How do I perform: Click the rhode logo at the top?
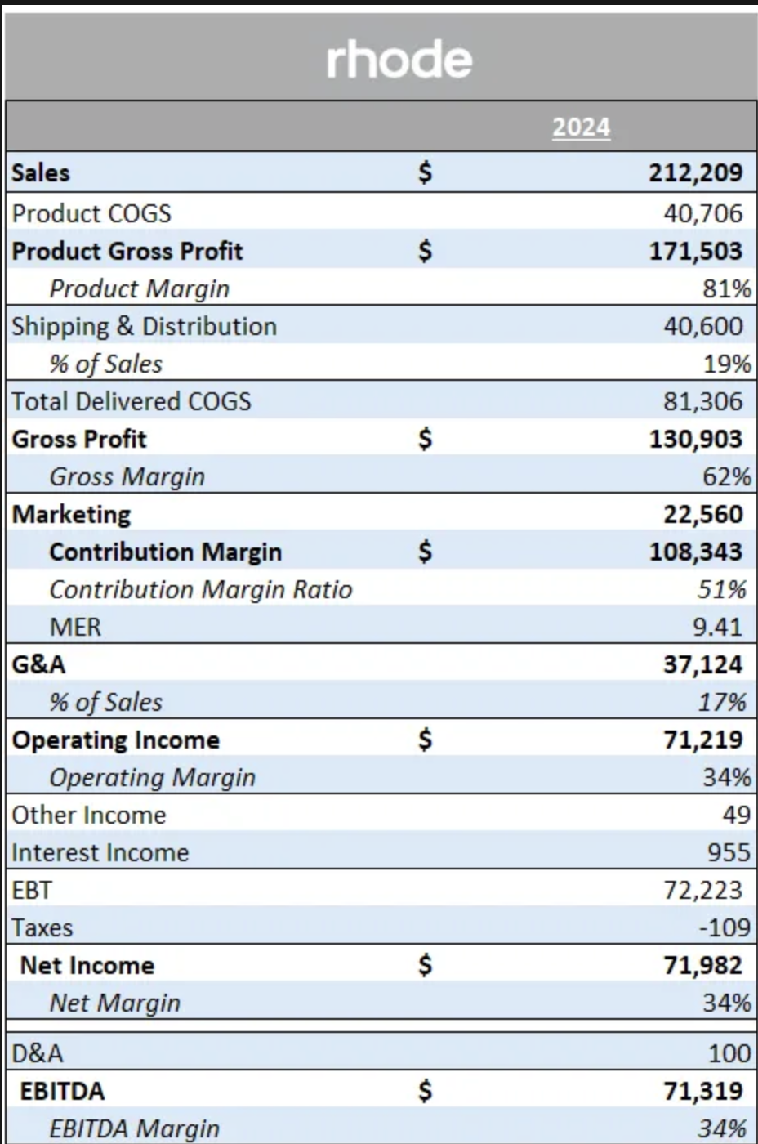pos(399,60)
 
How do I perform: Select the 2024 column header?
pos(581,127)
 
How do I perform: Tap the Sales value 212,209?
pos(696,172)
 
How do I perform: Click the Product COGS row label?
pos(91,213)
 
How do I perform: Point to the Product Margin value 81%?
pos(726,288)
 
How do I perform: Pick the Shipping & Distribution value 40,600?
pos(702,326)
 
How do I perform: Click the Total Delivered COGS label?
pos(132,401)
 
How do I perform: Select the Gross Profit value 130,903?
pos(696,439)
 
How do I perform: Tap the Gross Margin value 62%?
pos(726,476)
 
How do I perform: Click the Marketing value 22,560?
pos(702,514)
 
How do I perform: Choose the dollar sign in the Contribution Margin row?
pos(424,552)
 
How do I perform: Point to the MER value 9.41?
pos(717,627)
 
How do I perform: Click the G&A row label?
pos(38,664)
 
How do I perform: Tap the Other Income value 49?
pos(736,815)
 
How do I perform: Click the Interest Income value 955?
pos(729,852)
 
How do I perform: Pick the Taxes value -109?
pos(725,927)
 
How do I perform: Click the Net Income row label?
pos(87,965)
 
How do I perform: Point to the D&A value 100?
pos(729,1053)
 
